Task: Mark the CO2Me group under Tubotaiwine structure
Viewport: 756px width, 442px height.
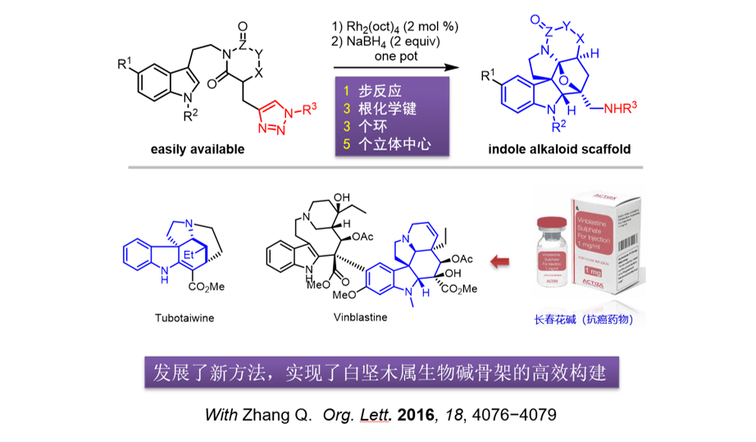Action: click(x=205, y=288)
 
